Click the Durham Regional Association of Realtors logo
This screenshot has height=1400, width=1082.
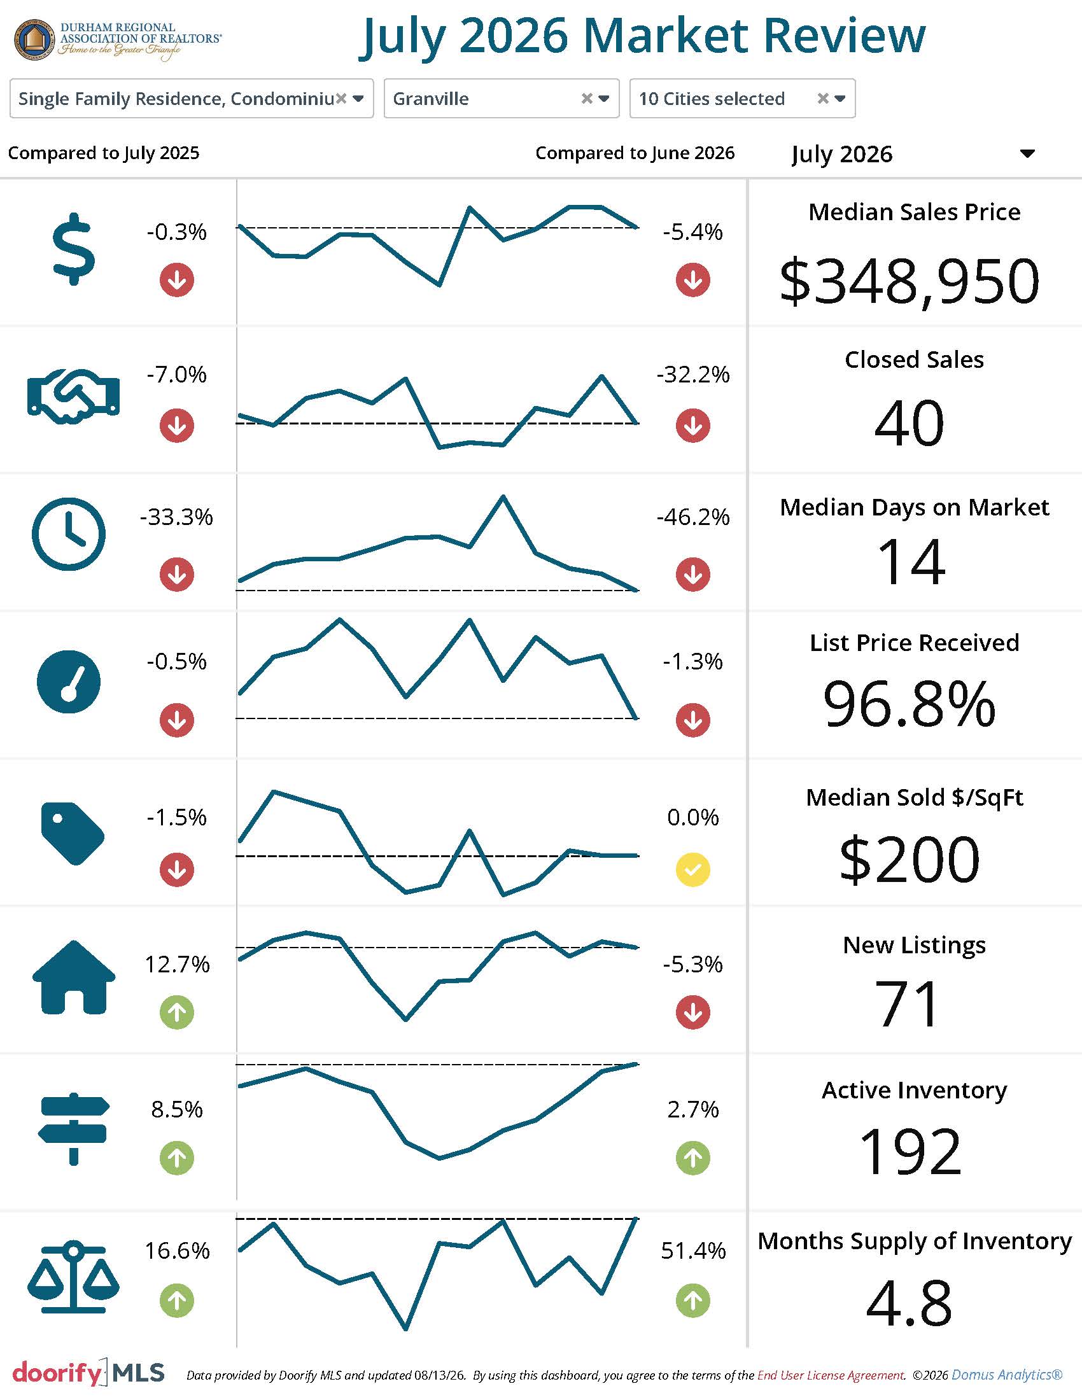click(x=117, y=40)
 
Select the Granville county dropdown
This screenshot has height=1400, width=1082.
click(x=502, y=99)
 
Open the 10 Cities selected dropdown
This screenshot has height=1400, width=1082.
click(x=742, y=99)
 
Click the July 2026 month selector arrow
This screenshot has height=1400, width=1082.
click(x=1027, y=154)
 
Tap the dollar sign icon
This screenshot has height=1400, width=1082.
click(x=74, y=249)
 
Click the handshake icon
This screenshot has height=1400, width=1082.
click(x=74, y=396)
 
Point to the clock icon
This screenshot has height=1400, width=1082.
click(x=69, y=534)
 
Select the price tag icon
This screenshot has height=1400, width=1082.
click(x=73, y=834)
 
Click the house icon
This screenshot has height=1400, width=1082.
click(x=74, y=977)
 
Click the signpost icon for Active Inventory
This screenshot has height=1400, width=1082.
click(x=74, y=1129)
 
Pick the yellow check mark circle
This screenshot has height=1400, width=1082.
click(x=693, y=870)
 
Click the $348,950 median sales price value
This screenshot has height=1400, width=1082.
click(x=909, y=281)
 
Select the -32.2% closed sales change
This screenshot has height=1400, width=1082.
click(x=693, y=374)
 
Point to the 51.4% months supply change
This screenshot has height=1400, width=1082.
click(x=693, y=1250)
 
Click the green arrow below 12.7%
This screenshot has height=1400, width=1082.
click(x=177, y=1013)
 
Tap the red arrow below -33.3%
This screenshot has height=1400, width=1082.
click(x=177, y=575)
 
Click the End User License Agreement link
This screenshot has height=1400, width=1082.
click(x=831, y=1375)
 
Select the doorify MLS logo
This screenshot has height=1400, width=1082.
click(x=88, y=1373)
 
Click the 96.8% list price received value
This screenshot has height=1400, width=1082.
click(x=909, y=704)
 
